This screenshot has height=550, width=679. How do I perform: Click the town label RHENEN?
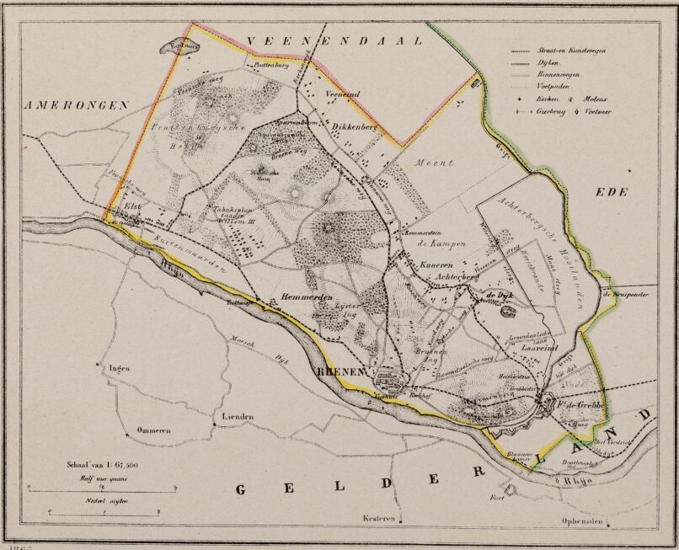tap(339, 371)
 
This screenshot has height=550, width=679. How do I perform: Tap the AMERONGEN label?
tap(76, 105)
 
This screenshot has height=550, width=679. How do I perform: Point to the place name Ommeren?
tap(154, 430)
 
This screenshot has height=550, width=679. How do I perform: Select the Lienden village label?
tap(238, 417)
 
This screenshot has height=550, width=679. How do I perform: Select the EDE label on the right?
tap(612, 192)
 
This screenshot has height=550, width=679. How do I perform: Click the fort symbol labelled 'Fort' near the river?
tap(508, 489)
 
